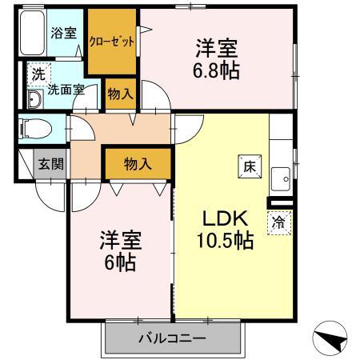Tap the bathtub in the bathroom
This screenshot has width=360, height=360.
pos(32,37)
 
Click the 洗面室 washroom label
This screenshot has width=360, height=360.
pos(65,90)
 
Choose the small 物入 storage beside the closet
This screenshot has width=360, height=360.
pos(120,94)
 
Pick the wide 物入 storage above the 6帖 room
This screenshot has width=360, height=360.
pos(138,164)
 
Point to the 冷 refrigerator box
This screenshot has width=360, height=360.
pos(278,222)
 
